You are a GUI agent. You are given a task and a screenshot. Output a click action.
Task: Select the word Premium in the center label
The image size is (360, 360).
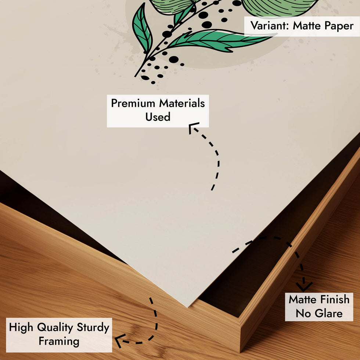133,103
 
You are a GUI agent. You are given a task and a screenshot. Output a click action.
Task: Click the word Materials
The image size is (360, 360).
182,103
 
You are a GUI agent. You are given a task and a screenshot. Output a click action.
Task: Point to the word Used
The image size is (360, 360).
158,117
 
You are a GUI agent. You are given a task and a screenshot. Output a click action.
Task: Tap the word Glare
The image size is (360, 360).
328,313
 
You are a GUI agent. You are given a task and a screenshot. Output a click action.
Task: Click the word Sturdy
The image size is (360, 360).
93,328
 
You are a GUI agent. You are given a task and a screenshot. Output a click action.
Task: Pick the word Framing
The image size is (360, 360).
59,341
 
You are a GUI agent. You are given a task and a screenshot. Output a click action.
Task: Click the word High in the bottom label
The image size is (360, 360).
21,328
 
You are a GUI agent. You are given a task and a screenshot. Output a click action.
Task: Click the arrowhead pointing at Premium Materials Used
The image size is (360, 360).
192,127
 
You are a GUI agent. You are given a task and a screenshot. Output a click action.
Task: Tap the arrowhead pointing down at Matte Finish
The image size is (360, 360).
304,287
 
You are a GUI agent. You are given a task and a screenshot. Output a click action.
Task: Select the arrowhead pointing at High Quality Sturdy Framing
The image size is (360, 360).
119,340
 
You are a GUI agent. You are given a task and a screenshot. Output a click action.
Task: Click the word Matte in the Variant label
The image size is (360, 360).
307,25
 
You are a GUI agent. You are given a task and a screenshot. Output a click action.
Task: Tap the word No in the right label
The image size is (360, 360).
303,313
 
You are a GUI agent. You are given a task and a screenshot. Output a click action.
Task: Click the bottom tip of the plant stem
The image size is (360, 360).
135,76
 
